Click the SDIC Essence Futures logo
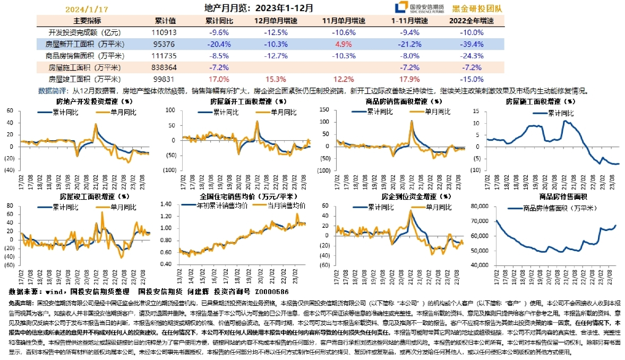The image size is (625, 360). pos(419,8)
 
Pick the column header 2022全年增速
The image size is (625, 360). pos(471,21)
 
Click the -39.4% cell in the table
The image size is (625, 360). pos(471,44)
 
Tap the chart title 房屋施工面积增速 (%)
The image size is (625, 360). pos(540,101)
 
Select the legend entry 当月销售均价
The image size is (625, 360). pos(285,205)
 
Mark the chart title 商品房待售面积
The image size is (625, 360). pos(540,197)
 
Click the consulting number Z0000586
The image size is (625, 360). pos(271,292)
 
